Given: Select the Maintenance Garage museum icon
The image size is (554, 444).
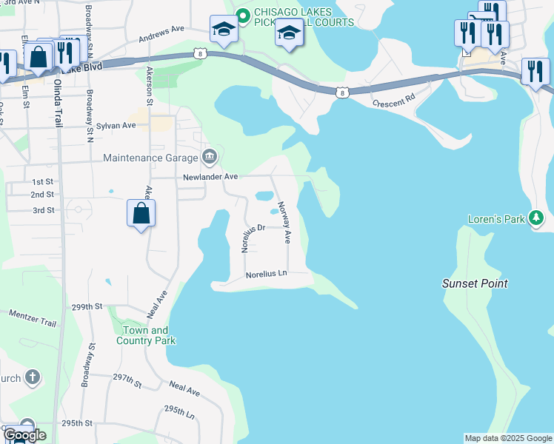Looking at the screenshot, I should point(210,157).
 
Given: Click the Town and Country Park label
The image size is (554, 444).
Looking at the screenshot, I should point(145,335).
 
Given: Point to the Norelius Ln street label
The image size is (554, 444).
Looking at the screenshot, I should point(266,274).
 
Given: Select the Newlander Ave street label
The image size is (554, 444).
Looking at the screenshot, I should point(211,177).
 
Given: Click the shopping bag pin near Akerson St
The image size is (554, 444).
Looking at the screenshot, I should point(141,214).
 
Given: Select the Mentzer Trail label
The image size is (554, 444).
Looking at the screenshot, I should point(32,319).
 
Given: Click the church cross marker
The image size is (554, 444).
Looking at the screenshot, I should point(32,378).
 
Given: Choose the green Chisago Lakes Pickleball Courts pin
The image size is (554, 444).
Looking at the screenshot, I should point(241,13).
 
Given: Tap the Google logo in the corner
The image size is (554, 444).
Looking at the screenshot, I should point(24,435).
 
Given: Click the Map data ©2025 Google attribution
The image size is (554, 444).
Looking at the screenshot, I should point(508,438).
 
